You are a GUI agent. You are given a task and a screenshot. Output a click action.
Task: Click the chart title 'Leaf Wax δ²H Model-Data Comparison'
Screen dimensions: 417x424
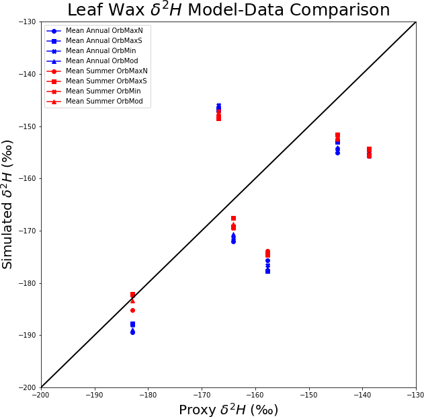point(228,10)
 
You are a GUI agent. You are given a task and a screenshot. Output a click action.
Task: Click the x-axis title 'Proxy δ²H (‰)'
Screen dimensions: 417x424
point(228,410)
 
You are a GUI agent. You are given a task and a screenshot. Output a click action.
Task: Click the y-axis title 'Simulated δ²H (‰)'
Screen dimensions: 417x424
point(7,204)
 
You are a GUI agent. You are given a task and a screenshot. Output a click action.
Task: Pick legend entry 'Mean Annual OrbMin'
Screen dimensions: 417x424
point(101,51)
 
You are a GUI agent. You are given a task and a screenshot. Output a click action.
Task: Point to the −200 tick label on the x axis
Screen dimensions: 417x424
point(41,394)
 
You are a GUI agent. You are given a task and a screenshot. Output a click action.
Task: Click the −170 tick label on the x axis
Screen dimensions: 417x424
point(202,394)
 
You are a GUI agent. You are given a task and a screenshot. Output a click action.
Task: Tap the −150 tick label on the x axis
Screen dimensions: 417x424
point(308,394)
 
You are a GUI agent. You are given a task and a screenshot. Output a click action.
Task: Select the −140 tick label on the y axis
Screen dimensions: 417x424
point(28,74)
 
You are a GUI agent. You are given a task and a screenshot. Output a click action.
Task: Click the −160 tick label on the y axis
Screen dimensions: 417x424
point(28,178)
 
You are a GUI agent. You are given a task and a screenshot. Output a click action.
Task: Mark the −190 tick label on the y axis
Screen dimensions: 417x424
point(28,335)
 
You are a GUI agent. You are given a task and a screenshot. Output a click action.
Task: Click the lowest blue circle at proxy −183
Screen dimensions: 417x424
point(132,332)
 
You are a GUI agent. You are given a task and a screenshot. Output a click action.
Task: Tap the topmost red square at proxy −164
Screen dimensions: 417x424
point(233,218)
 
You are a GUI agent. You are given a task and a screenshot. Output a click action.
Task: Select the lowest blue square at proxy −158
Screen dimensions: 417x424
point(267,271)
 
